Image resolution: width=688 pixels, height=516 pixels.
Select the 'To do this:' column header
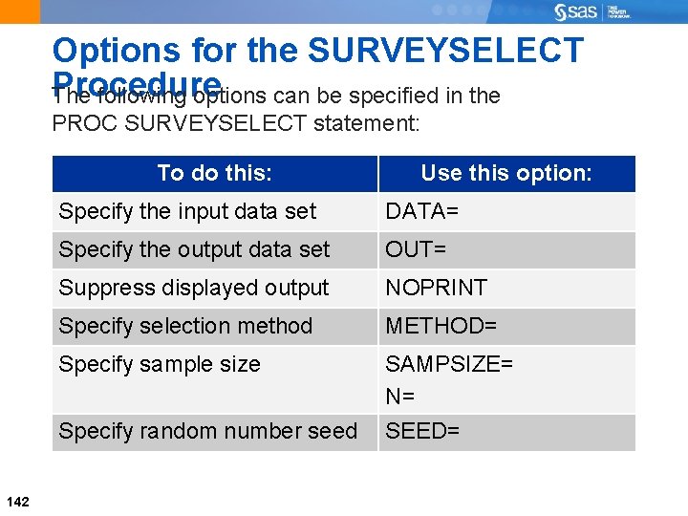click(x=215, y=173)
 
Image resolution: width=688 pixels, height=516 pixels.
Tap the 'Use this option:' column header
click(x=506, y=173)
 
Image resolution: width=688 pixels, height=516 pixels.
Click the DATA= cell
click(x=421, y=211)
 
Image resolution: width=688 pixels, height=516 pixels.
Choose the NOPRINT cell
click(x=436, y=288)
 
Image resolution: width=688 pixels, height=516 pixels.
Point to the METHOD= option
click(x=441, y=326)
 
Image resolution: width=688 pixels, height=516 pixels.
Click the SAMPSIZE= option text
click(x=449, y=364)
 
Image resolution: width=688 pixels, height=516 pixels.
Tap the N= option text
click(x=399, y=396)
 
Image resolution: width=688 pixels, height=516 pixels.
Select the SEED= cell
click(x=422, y=431)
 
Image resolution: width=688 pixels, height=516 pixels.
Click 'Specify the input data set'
click(x=187, y=211)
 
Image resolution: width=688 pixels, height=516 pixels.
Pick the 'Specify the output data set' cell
click(x=194, y=249)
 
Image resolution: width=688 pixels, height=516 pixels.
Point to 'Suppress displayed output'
click(x=194, y=288)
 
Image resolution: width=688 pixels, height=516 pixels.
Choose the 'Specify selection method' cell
click(x=185, y=326)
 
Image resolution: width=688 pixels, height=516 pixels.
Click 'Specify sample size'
click(x=160, y=364)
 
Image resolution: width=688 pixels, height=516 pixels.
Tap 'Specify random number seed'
click(x=207, y=431)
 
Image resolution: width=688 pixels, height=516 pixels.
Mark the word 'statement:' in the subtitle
click(x=367, y=124)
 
